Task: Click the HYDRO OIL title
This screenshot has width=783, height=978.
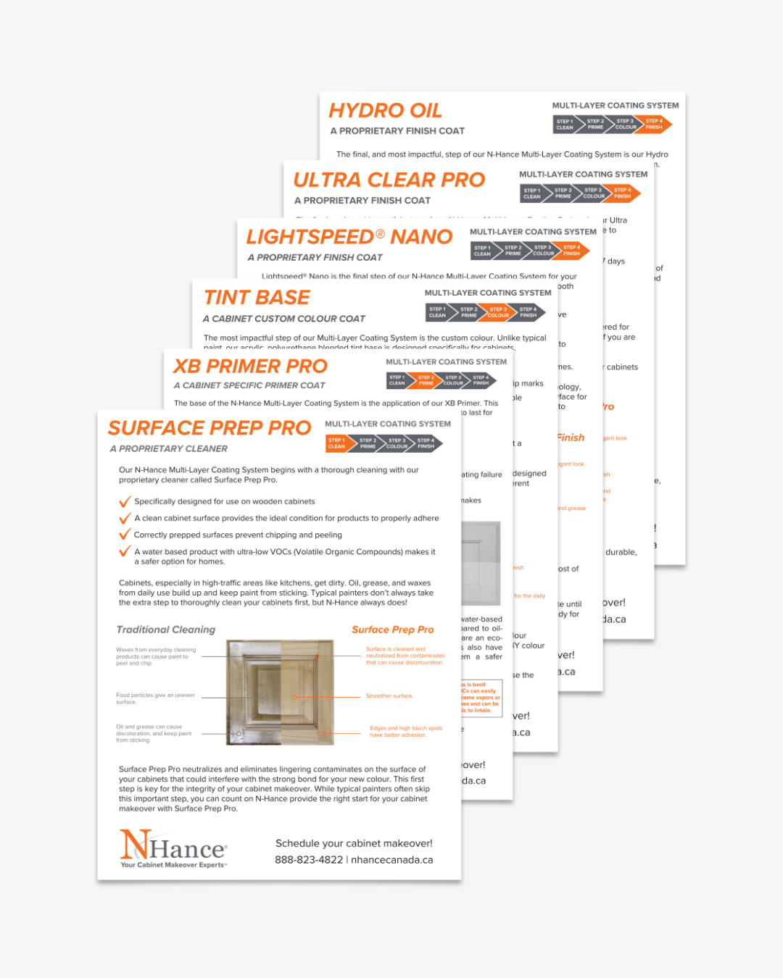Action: click(x=385, y=111)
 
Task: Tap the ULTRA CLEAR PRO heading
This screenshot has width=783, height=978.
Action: click(x=389, y=180)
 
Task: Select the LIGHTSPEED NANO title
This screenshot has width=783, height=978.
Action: click(x=349, y=237)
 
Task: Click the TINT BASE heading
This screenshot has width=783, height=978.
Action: click(x=257, y=298)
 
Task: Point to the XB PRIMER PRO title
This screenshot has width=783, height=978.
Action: click(x=250, y=367)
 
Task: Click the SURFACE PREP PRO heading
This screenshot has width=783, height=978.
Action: click(x=210, y=428)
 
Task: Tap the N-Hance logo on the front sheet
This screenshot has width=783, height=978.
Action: click(x=173, y=848)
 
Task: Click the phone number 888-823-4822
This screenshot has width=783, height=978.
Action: click(x=309, y=860)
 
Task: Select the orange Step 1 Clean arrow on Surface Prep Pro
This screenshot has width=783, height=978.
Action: click(x=336, y=443)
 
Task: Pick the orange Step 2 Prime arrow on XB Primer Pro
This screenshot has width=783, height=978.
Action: click(x=426, y=380)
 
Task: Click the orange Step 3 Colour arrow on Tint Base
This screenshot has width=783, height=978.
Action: click(x=498, y=312)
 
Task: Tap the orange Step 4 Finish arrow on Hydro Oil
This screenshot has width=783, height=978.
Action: click(x=654, y=125)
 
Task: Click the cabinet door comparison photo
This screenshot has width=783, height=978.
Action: click(x=280, y=693)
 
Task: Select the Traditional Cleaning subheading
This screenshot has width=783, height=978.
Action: click(x=166, y=630)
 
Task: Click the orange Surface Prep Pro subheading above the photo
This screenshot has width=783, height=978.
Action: click(x=392, y=630)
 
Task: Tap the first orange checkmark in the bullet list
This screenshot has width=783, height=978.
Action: click(x=125, y=501)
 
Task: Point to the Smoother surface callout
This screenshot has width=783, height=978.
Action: click(x=389, y=695)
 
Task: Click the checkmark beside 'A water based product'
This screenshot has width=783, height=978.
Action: click(x=125, y=552)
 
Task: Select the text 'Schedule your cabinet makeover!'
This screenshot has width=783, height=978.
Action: click(x=354, y=843)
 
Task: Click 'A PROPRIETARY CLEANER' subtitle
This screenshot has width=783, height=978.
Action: click(x=169, y=449)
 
